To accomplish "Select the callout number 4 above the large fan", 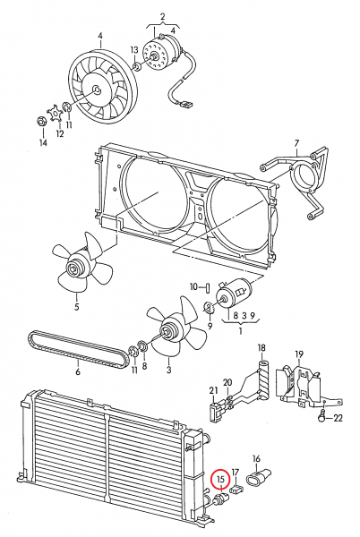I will [x=100, y=38].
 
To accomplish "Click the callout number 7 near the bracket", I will [x=294, y=142].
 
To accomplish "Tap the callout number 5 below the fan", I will [x=76, y=307].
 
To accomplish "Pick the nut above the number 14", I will [x=41, y=120].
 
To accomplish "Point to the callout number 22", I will [x=337, y=417].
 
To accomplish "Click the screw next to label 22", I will [x=320, y=415].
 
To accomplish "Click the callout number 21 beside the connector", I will [x=213, y=390].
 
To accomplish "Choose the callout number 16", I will [x=256, y=458].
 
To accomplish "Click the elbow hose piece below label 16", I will [x=261, y=479].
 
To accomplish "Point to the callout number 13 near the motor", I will [x=133, y=50].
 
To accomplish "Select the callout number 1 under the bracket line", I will [x=239, y=330].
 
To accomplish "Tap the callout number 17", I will [x=236, y=473].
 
